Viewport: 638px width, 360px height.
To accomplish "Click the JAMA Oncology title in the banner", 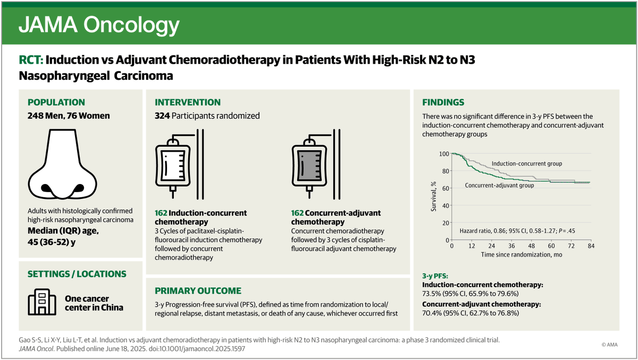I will click(99, 25).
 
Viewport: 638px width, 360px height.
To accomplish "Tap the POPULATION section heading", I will click(56, 102).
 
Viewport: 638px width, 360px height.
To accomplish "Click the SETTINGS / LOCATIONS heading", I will click(77, 274).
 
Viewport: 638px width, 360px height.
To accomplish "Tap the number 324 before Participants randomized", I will click(162, 116).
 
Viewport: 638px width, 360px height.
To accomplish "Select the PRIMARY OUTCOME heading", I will click(198, 291).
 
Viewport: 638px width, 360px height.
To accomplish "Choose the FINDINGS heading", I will click(443, 102).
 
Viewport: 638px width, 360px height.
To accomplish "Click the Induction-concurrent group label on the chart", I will click(526, 163).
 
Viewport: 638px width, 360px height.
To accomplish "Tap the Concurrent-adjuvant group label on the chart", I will click(499, 186).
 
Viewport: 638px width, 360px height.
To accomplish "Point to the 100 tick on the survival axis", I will click(443, 154).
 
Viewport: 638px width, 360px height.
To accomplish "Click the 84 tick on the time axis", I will click(590, 246).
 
